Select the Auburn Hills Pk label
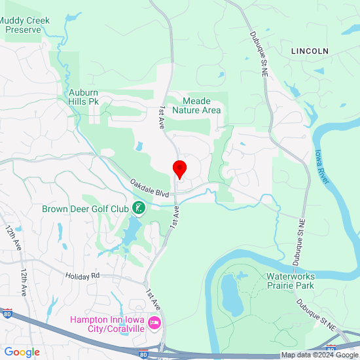(88, 97)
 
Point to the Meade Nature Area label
(196, 105)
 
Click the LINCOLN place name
(310, 51)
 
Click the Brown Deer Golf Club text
(85, 209)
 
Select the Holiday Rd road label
(82, 276)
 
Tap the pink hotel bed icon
(155, 323)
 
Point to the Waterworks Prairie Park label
(291, 281)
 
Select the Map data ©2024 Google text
(319, 355)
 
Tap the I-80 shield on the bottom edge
(143, 355)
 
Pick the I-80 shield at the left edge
(7, 314)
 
